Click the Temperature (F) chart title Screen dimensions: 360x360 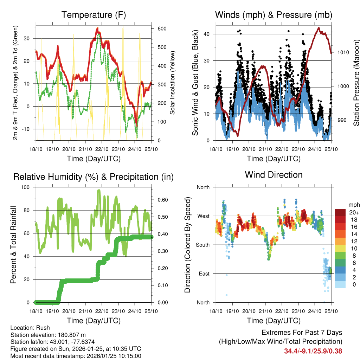coord(94,15)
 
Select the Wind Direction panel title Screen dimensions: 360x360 coord(274,175)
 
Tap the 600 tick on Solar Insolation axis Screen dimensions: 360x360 coord(161,29)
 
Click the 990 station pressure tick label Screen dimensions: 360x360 coord(341,120)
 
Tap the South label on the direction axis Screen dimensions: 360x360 coord(203,245)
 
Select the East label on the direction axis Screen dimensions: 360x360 coord(204,274)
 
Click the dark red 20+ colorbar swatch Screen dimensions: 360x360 coord(340,213)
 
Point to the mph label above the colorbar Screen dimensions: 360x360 coord(353,205)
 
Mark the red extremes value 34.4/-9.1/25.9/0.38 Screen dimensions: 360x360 coord(313,351)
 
